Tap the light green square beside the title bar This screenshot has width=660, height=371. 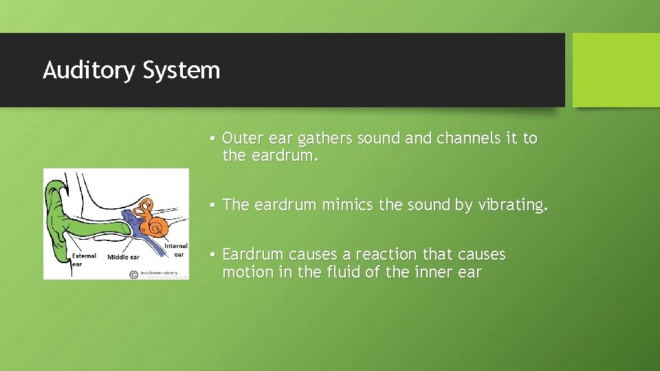click(615, 70)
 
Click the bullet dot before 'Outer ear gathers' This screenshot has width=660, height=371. click(214, 139)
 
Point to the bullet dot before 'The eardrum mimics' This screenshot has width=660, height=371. click(214, 205)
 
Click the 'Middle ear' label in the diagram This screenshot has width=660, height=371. click(123, 258)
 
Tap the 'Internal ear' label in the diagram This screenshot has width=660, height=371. click(175, 250)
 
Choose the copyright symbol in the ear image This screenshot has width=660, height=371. click(133, 274)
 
